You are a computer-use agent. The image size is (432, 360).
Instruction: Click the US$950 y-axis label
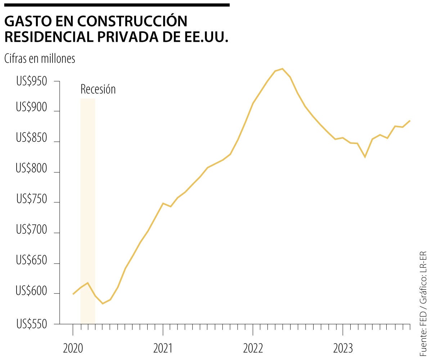pos(32,82)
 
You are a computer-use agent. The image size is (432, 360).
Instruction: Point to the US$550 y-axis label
pos(32,324)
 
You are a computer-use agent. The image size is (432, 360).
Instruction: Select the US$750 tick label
pos(32,199)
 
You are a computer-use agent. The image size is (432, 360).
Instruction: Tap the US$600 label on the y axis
pos(32,292)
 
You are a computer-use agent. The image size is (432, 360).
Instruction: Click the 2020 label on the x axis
pos(73,348)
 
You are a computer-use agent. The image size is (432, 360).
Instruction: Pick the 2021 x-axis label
pos(163,348)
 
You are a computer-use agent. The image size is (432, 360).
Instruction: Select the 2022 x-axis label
pos(253,348)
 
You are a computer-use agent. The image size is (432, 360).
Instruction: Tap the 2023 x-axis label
pos(343,348)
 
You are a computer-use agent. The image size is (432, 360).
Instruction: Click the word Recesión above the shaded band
pos(98,89)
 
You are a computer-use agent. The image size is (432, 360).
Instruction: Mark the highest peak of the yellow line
pos(282,68)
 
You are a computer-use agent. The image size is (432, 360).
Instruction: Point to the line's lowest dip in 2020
pos(103,303)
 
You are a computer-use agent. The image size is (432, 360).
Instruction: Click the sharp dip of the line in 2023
pos(365,157)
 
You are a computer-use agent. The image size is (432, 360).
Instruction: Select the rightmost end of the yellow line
pos(410,121)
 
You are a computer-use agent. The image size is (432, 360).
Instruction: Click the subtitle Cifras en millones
pos(40,59)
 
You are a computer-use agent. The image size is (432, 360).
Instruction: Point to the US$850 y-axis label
pos(32,138)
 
